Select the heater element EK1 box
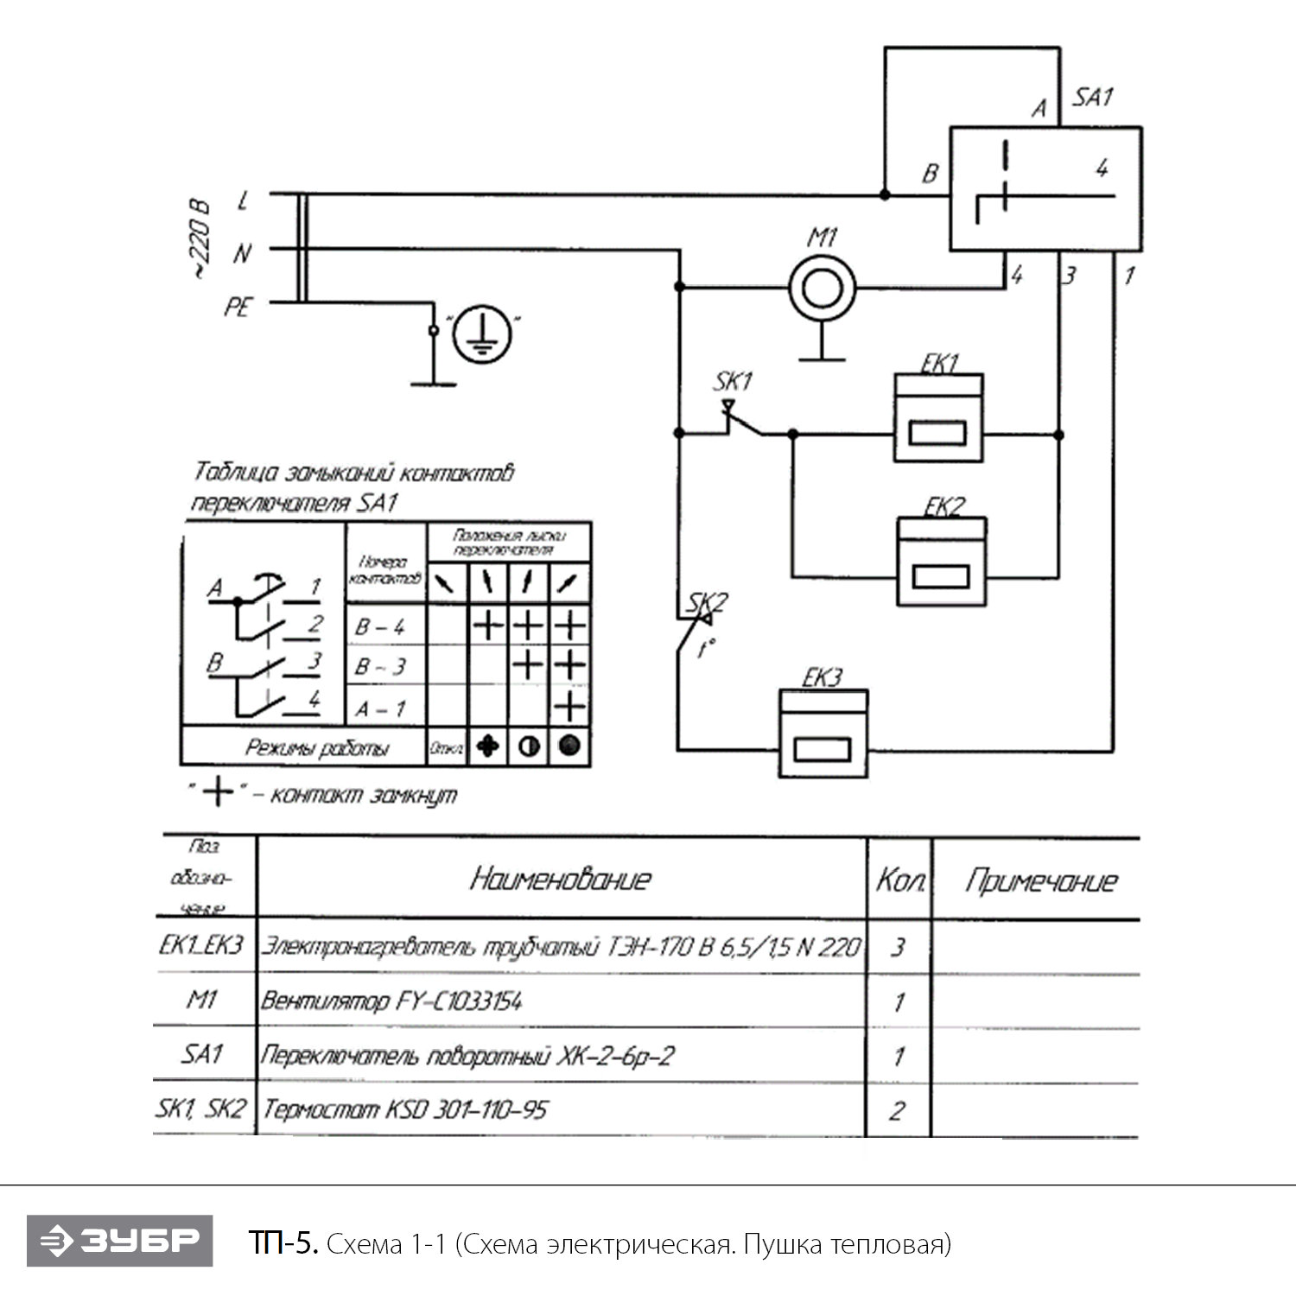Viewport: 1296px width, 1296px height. pos(938,419)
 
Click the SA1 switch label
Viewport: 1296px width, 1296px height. pos(1093,97)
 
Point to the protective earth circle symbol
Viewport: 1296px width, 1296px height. pos(481,334)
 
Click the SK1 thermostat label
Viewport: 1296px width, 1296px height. pos(733,381)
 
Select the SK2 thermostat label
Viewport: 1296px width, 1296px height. pos(708,602)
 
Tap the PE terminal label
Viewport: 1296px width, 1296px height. pos(238,307)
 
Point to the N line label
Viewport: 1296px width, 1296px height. pos(242,253)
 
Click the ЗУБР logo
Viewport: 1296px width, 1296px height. pos(120,1241)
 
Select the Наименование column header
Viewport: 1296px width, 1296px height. pos(560,880)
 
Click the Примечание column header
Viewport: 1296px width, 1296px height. pos(1041,881)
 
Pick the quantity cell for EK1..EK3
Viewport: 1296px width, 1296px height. pos(899,948)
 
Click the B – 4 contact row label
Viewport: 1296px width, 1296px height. pos(380,627)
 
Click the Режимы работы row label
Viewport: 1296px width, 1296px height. pos(317,747)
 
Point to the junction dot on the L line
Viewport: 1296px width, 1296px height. pos(885,194)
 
